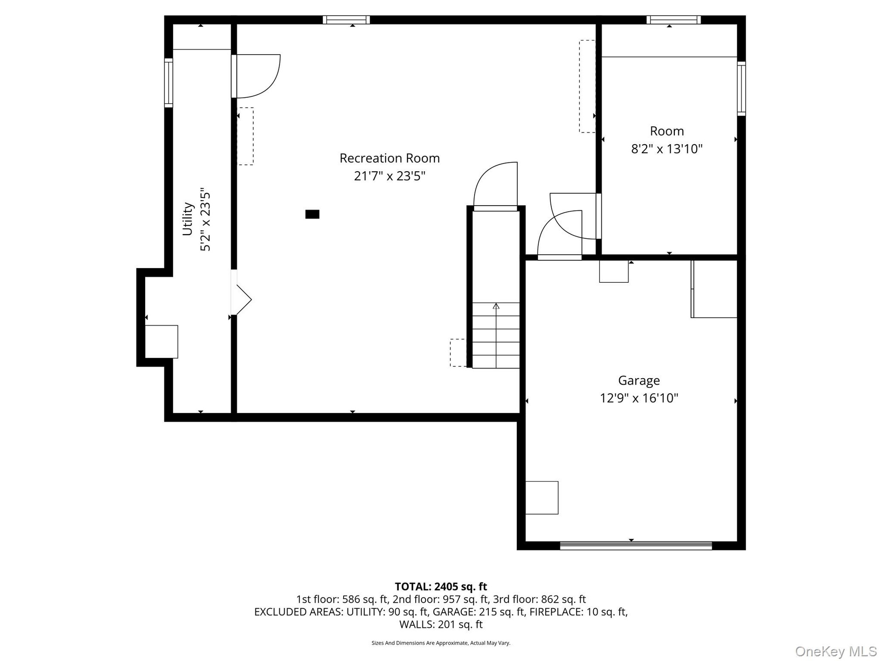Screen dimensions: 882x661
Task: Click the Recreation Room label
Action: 390,158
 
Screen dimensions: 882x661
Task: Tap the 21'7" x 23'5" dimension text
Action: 390,176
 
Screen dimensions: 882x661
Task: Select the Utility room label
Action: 187,219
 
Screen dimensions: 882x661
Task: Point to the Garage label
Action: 639,381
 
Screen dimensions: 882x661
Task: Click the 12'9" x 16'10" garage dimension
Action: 639,398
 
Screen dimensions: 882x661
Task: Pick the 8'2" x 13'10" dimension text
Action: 667,149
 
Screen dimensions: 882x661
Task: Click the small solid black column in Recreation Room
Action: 312,214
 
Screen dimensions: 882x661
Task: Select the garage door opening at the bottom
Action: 636,546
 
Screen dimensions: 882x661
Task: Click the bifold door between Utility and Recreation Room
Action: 241,300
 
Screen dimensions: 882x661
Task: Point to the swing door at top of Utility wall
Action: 255,76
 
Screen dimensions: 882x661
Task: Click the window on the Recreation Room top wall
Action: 346,20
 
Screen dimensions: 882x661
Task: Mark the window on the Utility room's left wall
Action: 169,83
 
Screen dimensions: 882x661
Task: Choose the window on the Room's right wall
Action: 741,89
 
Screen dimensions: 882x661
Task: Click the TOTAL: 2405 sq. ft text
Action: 441,587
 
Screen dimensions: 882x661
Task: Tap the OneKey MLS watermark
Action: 836,651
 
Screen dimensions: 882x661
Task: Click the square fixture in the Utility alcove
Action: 161,342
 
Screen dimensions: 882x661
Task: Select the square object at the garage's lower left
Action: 542,498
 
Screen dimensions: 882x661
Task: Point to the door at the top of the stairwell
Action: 495,186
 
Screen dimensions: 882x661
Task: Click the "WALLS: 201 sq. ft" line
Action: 441,624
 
